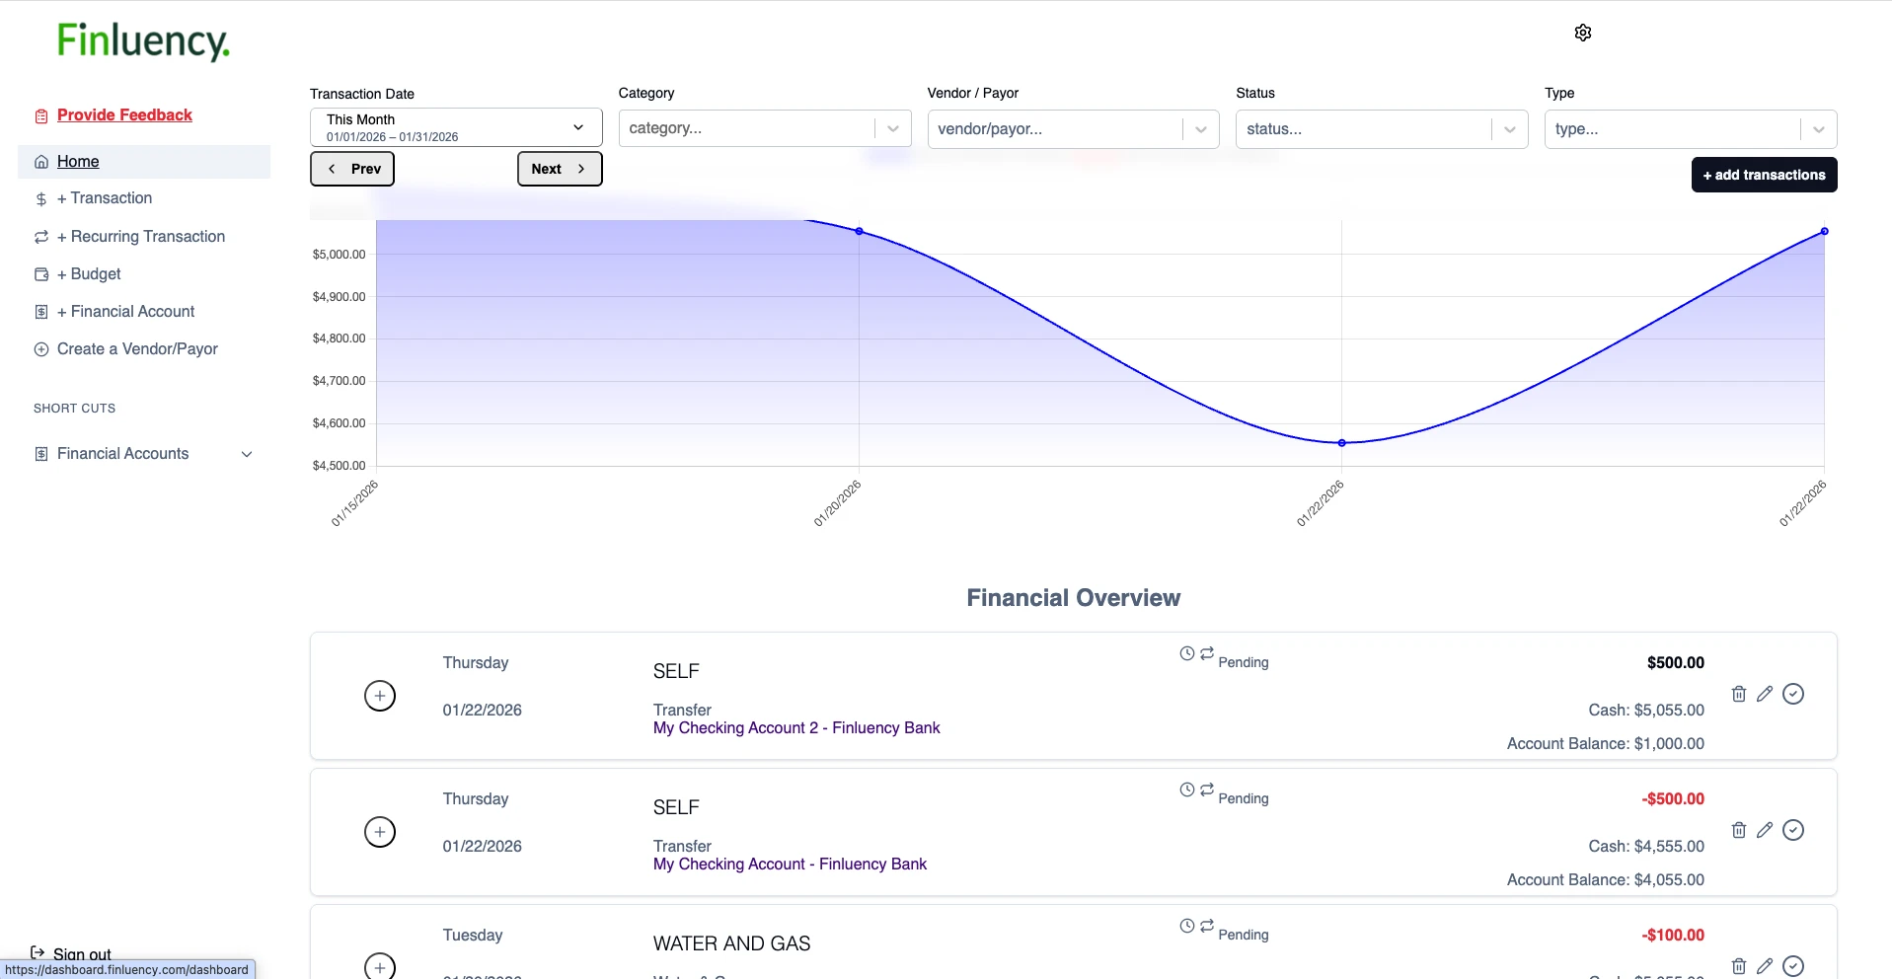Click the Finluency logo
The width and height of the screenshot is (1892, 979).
pyautogui.click(x=143, y=41)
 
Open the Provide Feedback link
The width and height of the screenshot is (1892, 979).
pyautogui.click(x=124, y=115)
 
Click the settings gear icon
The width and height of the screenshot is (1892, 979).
pyautogui.click(x=1582, y=33)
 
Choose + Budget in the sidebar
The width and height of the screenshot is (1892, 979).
pyautogui.click(x=95, y=274)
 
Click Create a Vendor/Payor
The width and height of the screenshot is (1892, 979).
pyautogui.click(x=137, y=349)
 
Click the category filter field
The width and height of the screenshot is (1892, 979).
pyautogui.click(x=747, y=128)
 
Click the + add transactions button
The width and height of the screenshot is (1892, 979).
pyautogui.click(x=1764, y=175)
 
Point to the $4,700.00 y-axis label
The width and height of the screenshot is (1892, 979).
pyautogui.click(x=339, y=381)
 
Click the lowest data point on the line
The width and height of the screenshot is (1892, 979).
pyautogui.click(x=1341, y=443)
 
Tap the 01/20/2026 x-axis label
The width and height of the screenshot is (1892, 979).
pyautogui.click(x=837, y=503)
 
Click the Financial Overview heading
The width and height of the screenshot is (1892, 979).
pyautogui.click(x=1073, y=598)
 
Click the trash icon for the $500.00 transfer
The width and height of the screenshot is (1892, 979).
pyautogui.click(x=1738, y=694)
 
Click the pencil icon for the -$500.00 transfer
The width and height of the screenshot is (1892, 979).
pyautogui.click(x=1765, y=830)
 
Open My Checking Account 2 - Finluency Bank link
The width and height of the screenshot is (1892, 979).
pyautogui.click(x=796, y=728)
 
